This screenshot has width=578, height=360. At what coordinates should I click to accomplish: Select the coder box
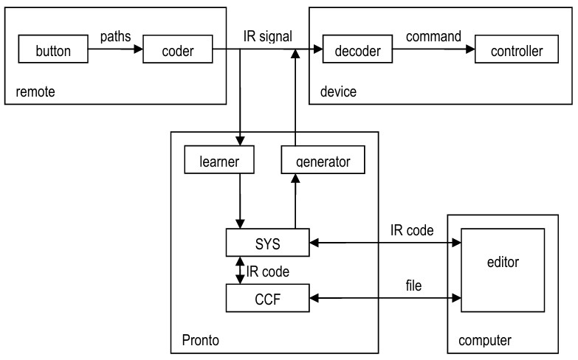(177, 52)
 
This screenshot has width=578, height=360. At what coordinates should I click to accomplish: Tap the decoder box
(357, 52)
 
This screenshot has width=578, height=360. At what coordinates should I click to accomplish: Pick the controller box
(510, 52)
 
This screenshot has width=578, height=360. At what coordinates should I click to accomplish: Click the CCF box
(266, 299)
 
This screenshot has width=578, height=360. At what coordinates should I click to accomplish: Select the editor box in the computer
(503, 263)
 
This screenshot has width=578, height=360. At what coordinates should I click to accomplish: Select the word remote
(35, 91)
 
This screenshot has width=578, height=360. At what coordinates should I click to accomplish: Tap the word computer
(485, 340)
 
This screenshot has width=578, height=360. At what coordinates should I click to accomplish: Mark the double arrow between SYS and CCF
(239, 270)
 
